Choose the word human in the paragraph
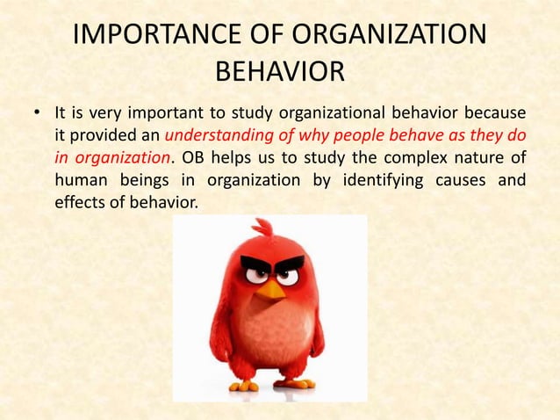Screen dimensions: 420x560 tap(76, 180)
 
